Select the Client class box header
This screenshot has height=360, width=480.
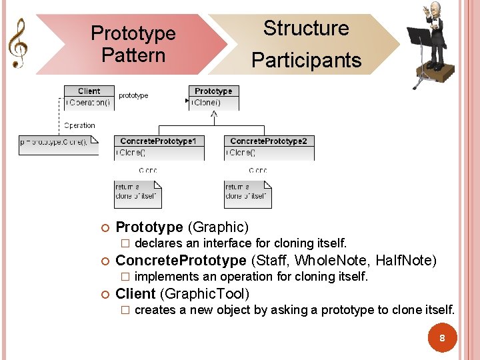pyautogui.click(x=89, y=91)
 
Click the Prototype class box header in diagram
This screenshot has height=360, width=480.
pyautogui.click(x=213, y=91)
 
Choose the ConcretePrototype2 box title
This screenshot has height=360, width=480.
pyautogui.click(x=269, y=141)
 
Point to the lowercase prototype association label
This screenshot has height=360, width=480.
pyautogui.click(x=133, y=96)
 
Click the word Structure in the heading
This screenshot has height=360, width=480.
pyautogui.click(x=306, y=29)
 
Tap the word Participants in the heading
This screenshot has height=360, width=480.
pyautogui.click(x=306, y=61)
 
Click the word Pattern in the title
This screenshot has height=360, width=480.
pyautogui.click(x=133, y=55)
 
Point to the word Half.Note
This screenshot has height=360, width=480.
pyautogui.click(x=405, y=260)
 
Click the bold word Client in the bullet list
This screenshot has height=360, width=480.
pyautogui.click(x=135, y=293)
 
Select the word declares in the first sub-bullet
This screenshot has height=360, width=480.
pyautogui.click(x=159, y=243)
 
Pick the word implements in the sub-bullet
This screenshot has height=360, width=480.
pyautogui.click(x=166, y=277)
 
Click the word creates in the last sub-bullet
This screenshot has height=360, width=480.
pyautogui.click(x=155, y=310)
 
